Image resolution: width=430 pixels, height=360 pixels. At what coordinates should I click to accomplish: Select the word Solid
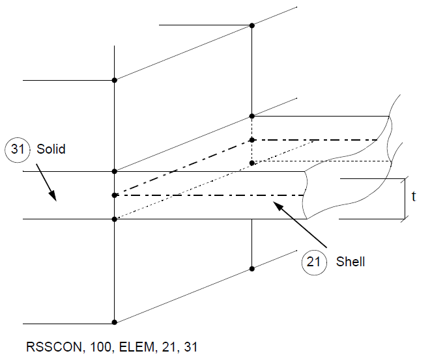tap(51, 150)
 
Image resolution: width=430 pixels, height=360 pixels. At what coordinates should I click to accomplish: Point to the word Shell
tap(351, 262)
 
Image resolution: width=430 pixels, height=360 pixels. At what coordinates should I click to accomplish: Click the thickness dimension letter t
tap(414, 196)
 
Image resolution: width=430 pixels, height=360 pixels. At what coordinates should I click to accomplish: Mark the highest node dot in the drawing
tap(252, 25)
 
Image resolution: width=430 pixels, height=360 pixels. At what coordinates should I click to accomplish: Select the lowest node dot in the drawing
tap(115, 322)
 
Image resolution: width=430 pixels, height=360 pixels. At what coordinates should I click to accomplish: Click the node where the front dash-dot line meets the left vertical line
tap(115, 195)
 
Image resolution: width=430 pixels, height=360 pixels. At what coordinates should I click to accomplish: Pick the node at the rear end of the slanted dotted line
tap(252, 162)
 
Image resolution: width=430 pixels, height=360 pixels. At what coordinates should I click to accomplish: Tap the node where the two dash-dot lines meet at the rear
tap(252, 140)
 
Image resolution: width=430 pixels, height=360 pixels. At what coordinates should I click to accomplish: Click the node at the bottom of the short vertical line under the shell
tap(252, 268)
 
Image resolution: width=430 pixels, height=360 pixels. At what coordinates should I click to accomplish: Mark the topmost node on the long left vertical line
tap(115, 80)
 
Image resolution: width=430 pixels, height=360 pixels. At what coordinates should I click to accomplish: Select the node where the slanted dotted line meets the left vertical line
tap(115, 219)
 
